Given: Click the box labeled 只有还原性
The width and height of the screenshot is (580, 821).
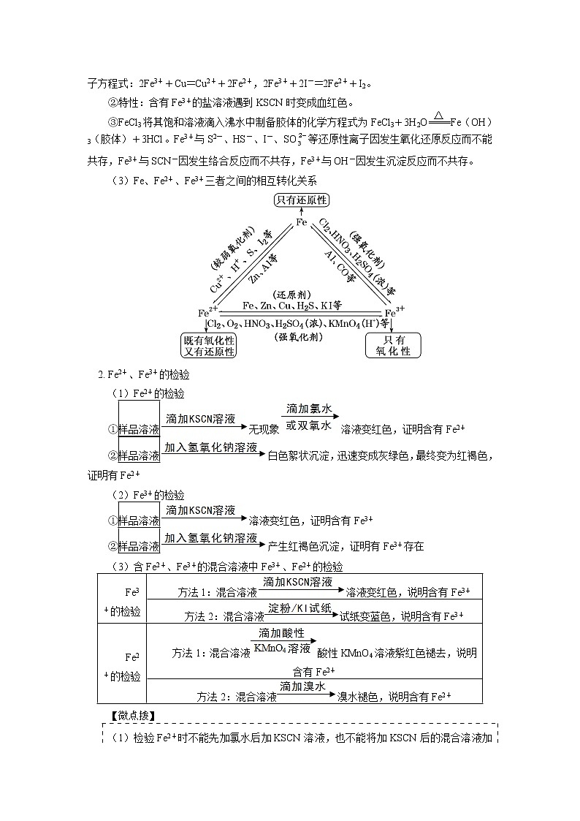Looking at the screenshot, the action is [x=301, y=200].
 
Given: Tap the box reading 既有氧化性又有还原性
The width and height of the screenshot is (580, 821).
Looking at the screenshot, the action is [x=210, y=345].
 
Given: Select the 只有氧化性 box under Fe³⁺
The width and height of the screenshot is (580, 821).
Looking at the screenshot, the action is [x=393, y=345].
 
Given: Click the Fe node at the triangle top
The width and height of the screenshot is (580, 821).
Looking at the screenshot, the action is [x=301, y=222].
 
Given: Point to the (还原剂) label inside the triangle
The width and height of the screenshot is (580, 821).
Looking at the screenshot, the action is [x=301, y=294].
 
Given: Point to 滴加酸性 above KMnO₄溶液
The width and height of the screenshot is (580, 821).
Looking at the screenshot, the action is [x=282, y=633].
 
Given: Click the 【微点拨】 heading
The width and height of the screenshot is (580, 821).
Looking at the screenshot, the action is [x=131, y=715].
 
